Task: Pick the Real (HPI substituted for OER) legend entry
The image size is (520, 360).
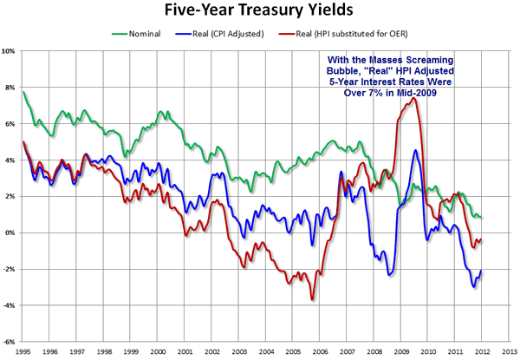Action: point(351,36)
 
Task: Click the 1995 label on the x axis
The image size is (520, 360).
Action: point(23,352)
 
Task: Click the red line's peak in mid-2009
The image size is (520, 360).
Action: point(415,97)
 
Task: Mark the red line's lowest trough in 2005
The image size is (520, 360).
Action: point(312,300)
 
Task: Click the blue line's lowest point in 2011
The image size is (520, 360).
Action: point(474,287)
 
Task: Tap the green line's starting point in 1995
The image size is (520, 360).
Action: point(23,92)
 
